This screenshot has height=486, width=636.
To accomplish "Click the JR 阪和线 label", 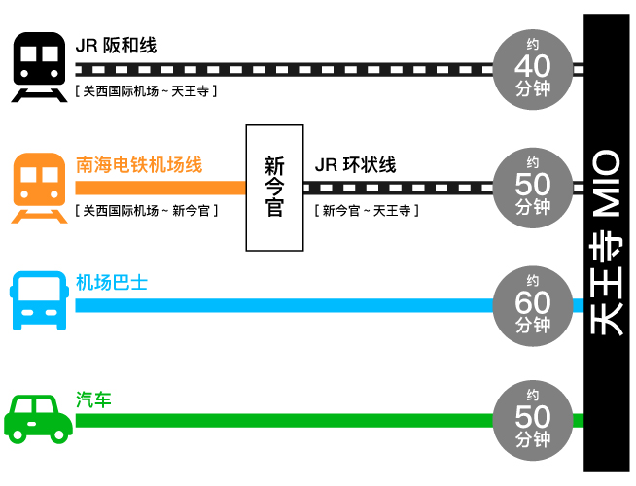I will [116, 46].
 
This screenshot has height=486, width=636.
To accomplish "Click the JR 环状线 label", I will [355, 164].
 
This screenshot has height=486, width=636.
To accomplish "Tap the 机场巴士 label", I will [112, 283].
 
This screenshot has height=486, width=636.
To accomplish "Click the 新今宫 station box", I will [274, 186].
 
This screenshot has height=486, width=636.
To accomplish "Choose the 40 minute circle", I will [532, 68].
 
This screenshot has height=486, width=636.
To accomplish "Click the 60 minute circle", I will [532, 303].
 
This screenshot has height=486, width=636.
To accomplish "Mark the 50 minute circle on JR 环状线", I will [532, 185].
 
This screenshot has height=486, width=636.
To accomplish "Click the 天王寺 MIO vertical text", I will [607, 243].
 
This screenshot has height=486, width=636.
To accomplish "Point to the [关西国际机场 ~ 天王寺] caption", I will [145, 91].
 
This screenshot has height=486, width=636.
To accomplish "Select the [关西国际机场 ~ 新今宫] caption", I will [145, 210].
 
